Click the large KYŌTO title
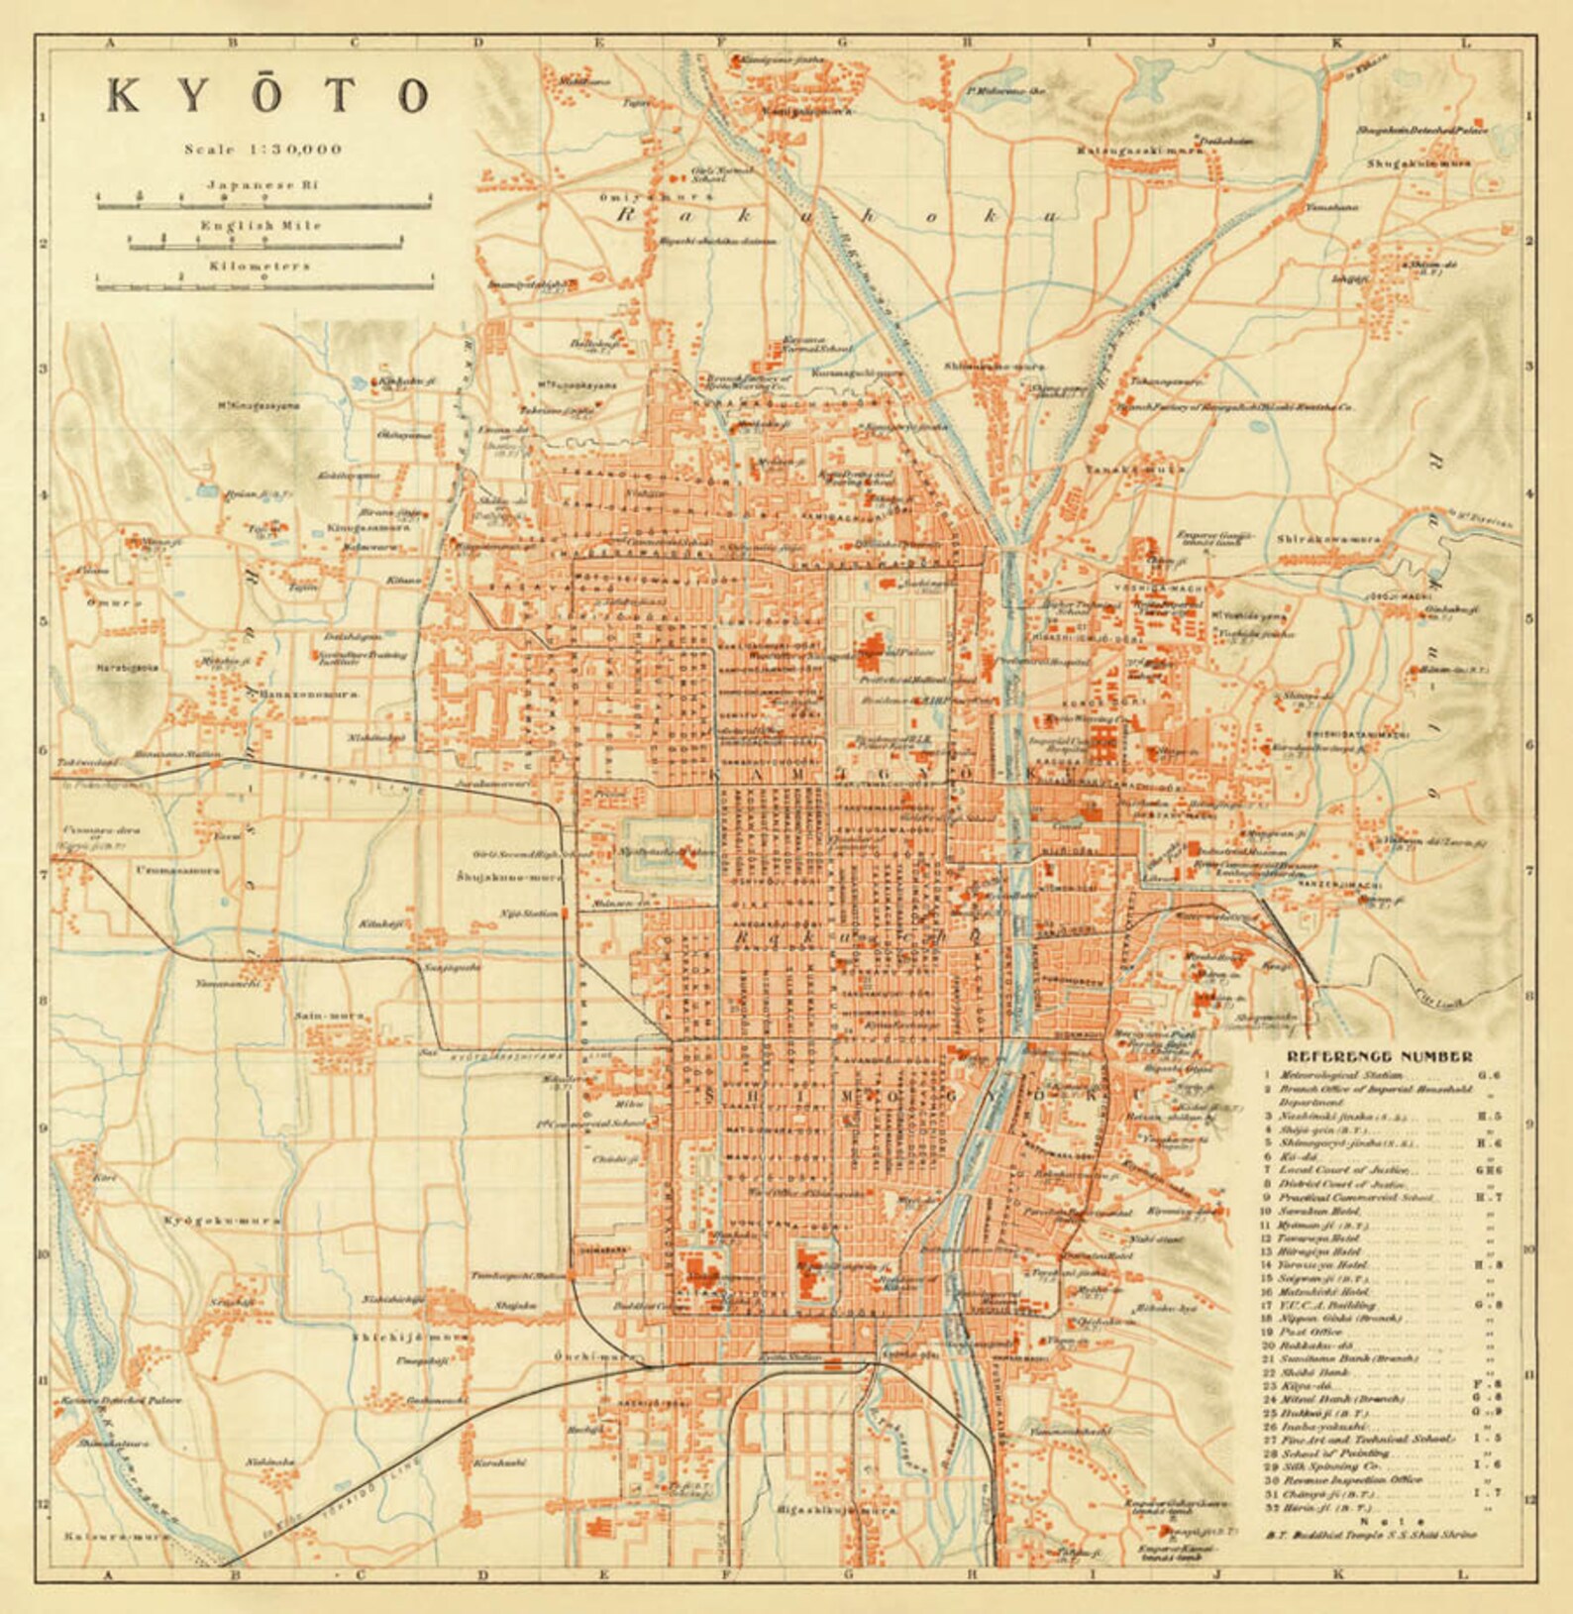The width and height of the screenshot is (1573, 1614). tap(267, 95)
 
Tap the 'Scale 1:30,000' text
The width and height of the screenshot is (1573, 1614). tap(263, 150)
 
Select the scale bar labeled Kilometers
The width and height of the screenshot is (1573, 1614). tap(264, 286)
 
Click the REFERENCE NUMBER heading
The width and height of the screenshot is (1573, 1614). tap(1380, 1056)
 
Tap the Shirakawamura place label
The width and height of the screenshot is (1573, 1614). tap(1328, 540)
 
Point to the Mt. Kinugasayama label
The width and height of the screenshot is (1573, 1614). tap(259, 404)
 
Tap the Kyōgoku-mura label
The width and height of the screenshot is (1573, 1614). tap(222, 1220)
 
